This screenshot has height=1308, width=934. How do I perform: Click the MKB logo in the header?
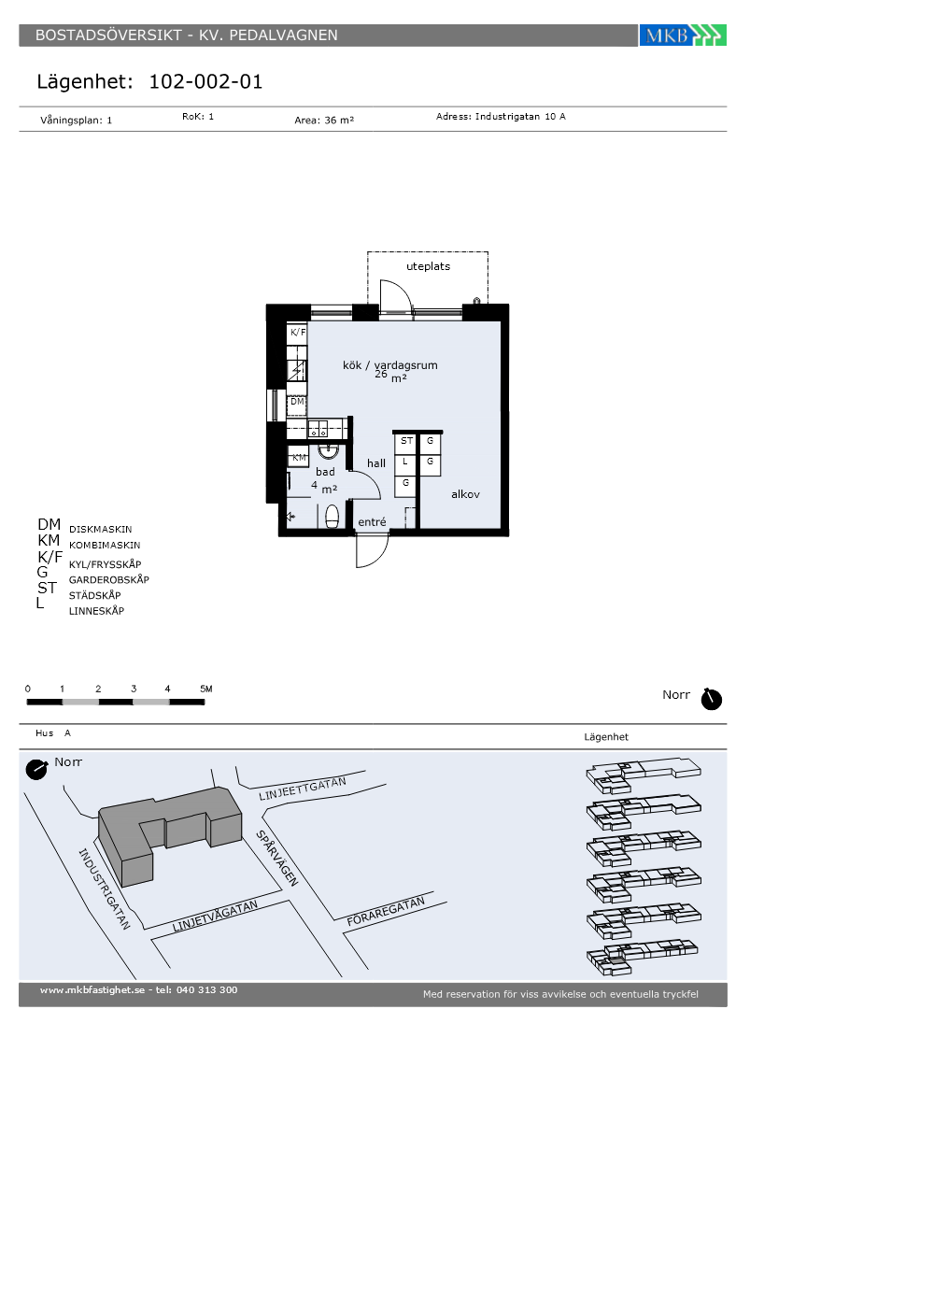click(x=683, y=36)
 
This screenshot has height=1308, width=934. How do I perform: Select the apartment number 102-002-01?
click(x=205, y=82)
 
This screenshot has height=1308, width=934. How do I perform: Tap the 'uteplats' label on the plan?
click(x=428, y=266)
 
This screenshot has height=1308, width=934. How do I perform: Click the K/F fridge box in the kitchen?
click(x=297, y=333)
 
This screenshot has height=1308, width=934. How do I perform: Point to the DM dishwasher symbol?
click(x=297, y=403)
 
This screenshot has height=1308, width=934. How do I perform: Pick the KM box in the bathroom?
click(x=298, y=457)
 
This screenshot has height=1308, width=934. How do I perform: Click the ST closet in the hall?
click(x=406, y=442)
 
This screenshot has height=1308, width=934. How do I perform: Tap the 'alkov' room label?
click(x=465, y=494)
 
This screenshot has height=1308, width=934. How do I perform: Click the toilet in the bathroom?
click(x=332, y=516)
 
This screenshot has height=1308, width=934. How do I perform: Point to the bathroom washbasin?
click(x=329, y=450)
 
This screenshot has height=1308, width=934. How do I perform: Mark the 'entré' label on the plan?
click(x=372, y=522)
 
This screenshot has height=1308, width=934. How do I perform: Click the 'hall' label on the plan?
click(x=375, y=463)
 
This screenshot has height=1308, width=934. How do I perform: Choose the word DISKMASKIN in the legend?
click(x=101, y=530)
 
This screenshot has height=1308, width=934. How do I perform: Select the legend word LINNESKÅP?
click(x=96, y=611)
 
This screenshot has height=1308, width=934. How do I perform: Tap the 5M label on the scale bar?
click(x=206, y=690)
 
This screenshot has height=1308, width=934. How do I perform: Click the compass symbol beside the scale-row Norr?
click(x=711, y=699)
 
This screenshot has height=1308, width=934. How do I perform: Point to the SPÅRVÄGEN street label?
click(x=278, y=858)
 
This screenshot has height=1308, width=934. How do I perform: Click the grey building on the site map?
click(x=169, y=835)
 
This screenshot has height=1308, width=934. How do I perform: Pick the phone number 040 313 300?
click(x=206, y=989)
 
